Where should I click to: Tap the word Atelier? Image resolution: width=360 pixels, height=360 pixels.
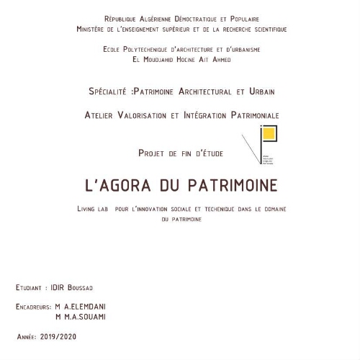point(101,115)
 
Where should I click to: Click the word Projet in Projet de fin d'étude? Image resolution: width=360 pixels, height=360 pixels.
point(151,153)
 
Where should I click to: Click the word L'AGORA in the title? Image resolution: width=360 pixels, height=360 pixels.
point(117,185)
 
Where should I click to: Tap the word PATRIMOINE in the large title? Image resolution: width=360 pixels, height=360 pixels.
point(232,185)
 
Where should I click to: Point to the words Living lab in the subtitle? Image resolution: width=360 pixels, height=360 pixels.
point(94,209)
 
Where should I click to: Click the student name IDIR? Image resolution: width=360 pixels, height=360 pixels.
point(59,287)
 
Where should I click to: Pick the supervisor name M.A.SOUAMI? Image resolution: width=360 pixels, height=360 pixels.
point(86,317)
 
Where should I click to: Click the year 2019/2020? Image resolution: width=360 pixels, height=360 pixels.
point(58,336)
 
